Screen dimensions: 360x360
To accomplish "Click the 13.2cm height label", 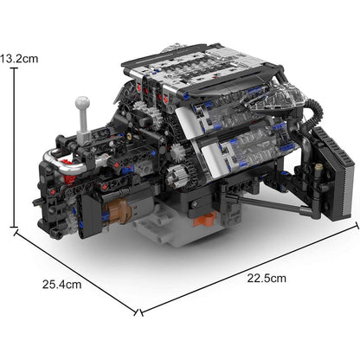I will (19, 59).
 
